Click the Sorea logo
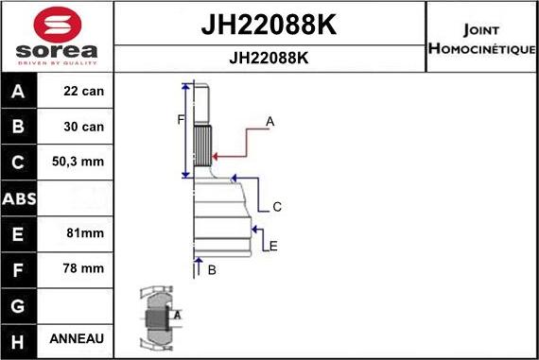(56, 36)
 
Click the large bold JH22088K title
(269, 23)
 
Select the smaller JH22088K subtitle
(269, 57)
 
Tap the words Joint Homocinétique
(481, 38)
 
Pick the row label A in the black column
(19, 93)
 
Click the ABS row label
(19, 199)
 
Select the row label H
(19, 339)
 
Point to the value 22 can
(83, 93)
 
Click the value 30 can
(83, 127)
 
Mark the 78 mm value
(83, 268)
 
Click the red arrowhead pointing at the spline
(215, 156)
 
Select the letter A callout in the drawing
(269, 121)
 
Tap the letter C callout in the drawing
(276, 206)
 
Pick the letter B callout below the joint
(211, 270)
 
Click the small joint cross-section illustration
(157, 318)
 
